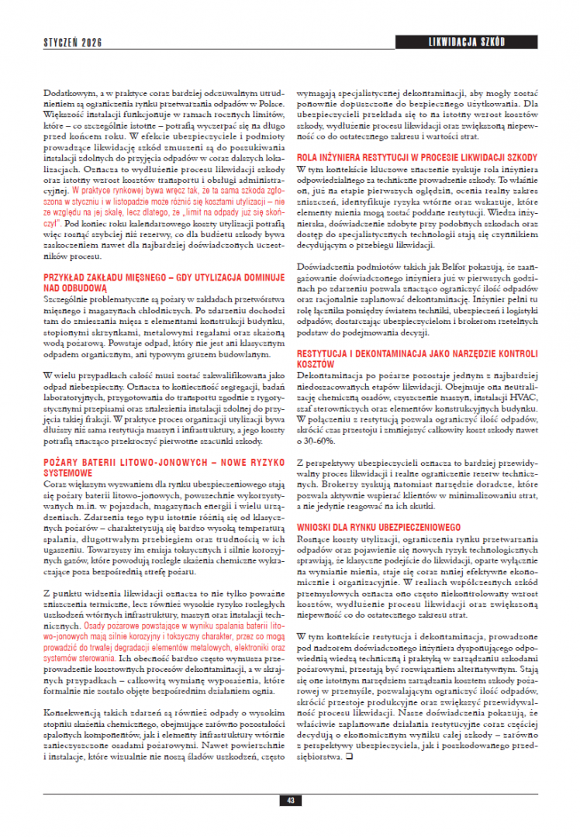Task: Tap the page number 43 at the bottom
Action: pyautogui.click(x=289, y=800)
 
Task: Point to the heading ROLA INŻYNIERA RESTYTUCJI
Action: pyautogui.click(x=418, y=157)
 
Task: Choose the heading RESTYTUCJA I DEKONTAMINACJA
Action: pyautogui.click(x=417, y=357)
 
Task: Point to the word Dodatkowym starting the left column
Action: pyautogui.click(x=65, y=95)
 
